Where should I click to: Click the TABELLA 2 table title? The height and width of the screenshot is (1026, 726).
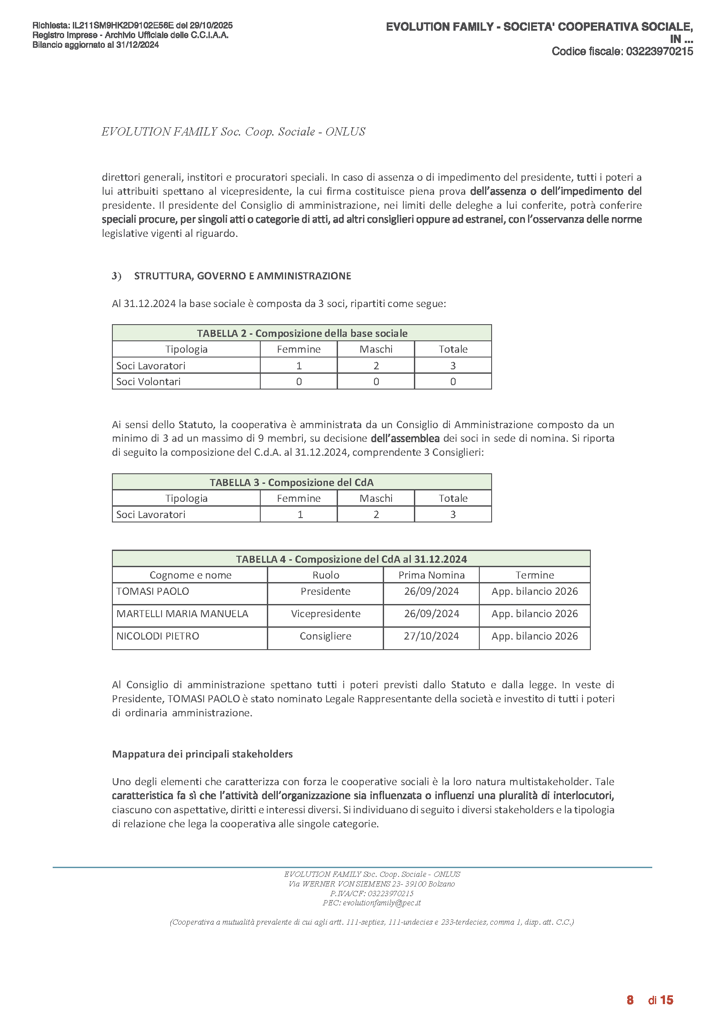[x=302, y=333]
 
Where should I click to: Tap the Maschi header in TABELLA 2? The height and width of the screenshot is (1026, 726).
[x=376, y=349]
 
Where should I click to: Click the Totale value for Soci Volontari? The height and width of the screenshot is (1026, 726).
[x=453, y=382]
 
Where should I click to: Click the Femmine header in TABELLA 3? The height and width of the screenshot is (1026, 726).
[x=298, y=498]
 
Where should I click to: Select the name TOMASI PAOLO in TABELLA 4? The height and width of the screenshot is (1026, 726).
[x=152, y=591]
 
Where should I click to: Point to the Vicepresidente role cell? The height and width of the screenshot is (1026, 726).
[x=325, y=614]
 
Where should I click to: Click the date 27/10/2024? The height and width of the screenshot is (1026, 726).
[x=431, y=636]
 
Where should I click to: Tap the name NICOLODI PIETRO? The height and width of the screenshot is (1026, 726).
[x=158, y=636]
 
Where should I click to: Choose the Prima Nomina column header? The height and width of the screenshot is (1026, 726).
[x=431, y=575]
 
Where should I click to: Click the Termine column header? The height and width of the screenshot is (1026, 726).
[x=535, y=575]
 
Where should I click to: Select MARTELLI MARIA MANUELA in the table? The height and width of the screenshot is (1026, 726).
[x=182, y=614]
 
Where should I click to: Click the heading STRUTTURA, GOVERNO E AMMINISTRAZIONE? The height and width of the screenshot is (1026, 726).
[x=242, y=276]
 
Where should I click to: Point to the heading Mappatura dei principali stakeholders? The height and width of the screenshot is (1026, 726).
[x=202, y=754]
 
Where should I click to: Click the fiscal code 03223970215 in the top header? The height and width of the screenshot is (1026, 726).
[x=659, y=51]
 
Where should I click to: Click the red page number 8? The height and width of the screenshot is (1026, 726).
[x=630, y=1000]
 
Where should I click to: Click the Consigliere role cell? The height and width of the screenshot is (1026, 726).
[x=325, y=636]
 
